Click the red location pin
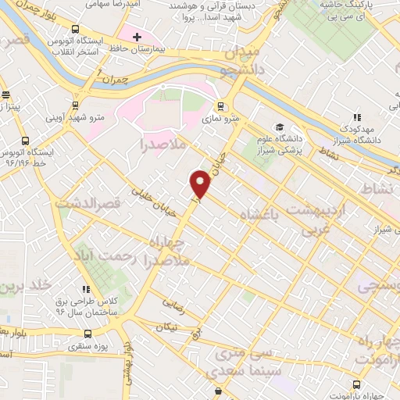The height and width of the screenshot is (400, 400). [201, 185]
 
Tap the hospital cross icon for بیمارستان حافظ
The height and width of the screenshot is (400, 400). [137, 37]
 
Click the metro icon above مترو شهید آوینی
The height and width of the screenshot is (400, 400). [75, 104]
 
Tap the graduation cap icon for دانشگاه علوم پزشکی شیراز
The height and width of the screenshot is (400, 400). [279, 127]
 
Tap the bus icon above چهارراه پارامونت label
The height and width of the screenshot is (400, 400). [357, 384]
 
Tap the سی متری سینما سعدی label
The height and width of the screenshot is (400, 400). [245, 348]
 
